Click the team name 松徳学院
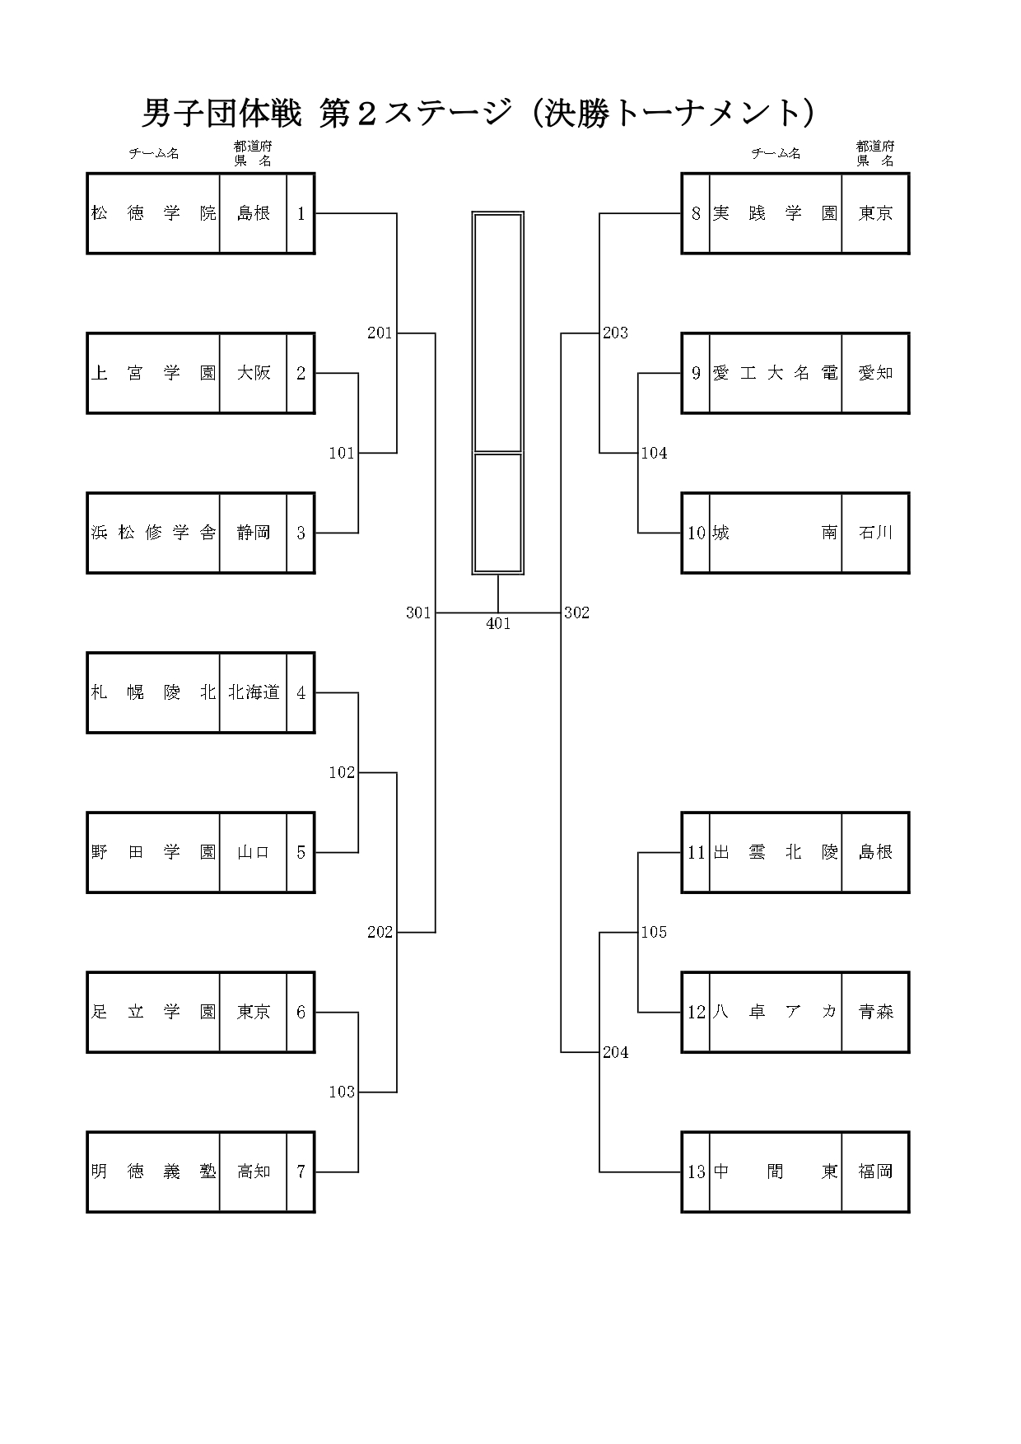point(153,213)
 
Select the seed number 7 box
point(301,1172)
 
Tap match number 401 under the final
point(498,624)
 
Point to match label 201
point(380,333)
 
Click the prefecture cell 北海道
point(254,692)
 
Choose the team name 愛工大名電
point(775,373)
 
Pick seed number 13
point(697,1172)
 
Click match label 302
point(576,613)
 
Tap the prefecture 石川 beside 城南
point(875,533)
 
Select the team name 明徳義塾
point(153,1172)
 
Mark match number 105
point(654,932)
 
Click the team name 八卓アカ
point(775,1012)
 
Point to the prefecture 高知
point(254,1172)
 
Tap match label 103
point(342,1092)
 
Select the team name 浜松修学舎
point(153,533)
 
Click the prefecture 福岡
point(875,1172)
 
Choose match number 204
point(615,1052)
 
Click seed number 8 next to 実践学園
point(696,213)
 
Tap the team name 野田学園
point(153,852)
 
